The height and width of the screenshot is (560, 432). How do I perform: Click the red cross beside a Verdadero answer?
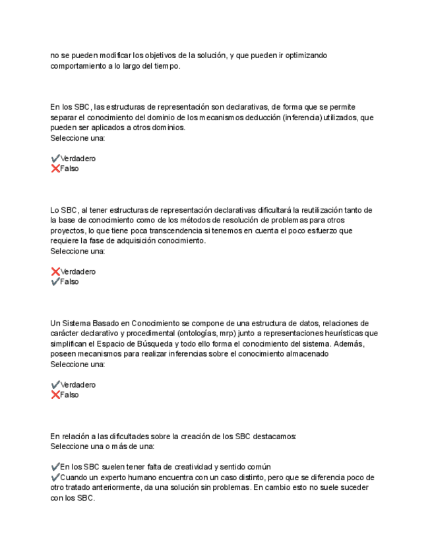[x=55, y=271]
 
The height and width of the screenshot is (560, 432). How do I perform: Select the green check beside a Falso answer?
[x=55, y=282]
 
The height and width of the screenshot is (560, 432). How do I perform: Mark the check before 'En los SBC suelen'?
[x=55, y=467]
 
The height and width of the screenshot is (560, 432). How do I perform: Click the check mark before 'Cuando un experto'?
[x=55, y=477]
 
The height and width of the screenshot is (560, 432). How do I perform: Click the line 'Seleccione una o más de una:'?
[x=102, y=446]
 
